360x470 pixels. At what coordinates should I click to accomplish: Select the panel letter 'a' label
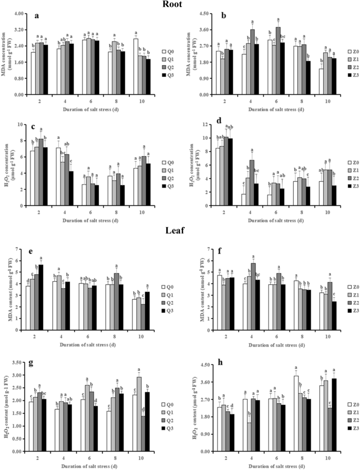(36, 16)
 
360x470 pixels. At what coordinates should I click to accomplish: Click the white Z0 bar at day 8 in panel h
(296, 413)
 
